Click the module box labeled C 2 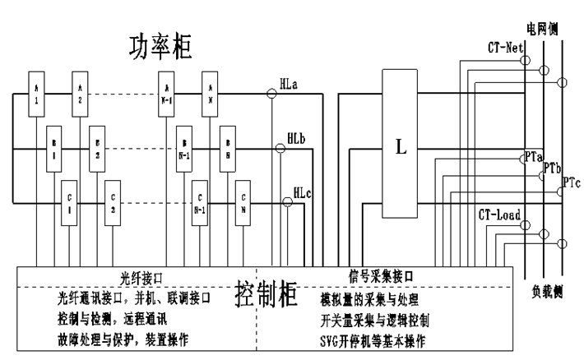click(114, 203)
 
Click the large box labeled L click(401, 148)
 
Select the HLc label click(303, 193)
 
